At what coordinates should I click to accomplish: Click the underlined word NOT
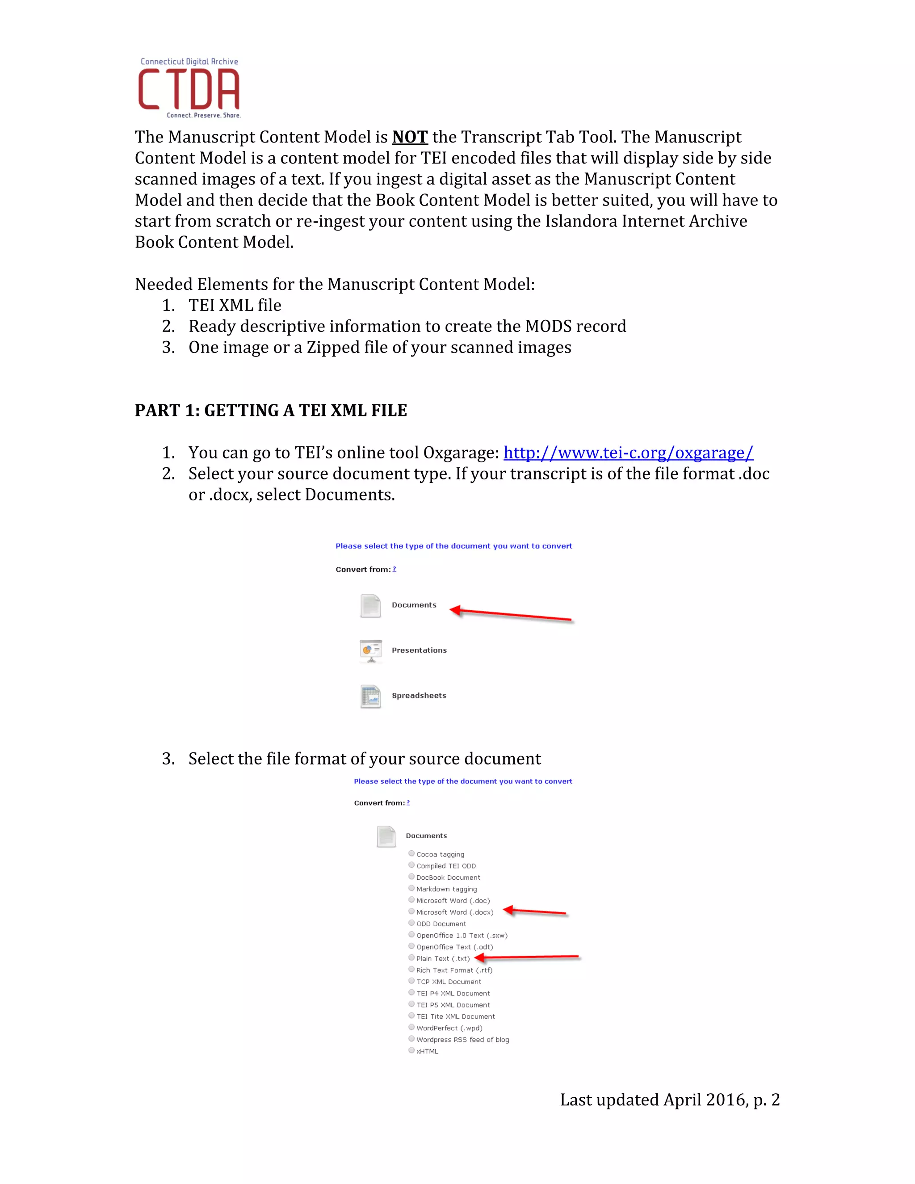410,137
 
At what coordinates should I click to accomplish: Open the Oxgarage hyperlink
628,453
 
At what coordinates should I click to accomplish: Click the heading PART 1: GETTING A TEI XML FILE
270,411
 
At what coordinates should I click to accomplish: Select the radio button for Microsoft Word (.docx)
411,911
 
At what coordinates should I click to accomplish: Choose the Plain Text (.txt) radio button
411,958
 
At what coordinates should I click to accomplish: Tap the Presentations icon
371,651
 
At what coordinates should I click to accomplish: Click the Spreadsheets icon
371,696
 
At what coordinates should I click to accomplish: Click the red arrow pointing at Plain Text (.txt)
526,958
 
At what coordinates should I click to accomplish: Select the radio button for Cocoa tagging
411,853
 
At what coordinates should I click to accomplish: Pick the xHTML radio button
411,1050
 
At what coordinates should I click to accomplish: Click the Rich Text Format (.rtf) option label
454,970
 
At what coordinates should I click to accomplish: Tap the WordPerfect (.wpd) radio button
411,1027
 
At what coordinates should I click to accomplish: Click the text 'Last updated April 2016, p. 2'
669,1100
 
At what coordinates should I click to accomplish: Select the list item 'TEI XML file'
235,305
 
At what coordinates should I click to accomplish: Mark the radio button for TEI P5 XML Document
411,1004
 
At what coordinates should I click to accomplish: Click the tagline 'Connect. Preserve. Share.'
203,115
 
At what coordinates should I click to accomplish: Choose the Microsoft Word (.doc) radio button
411,900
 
